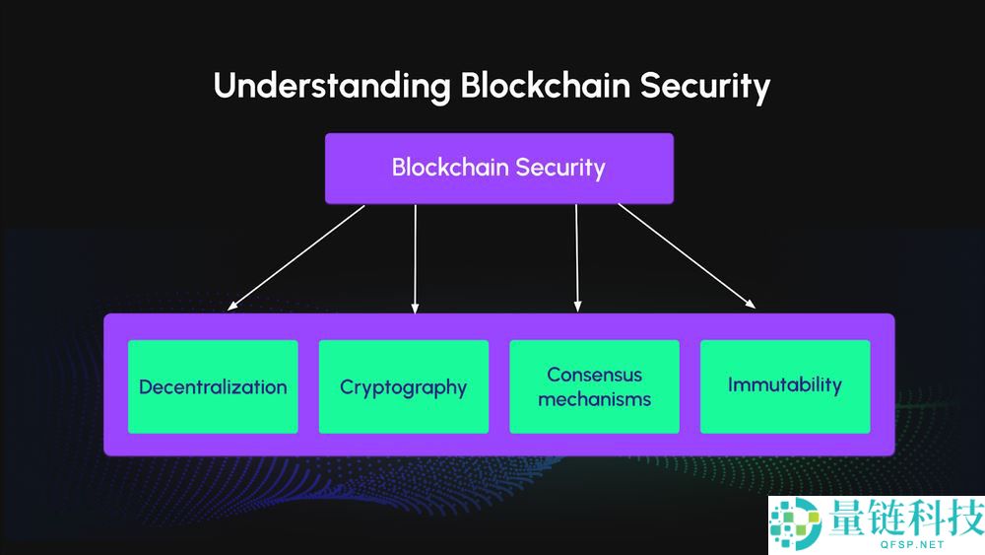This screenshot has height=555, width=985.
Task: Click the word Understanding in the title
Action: point(331,87)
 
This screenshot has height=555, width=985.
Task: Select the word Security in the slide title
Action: point(705,87)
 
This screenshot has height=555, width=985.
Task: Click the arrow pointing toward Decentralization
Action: point(295,257)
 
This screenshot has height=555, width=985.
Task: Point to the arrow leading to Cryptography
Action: point(416,258)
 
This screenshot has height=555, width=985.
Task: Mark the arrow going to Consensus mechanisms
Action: point(577,258)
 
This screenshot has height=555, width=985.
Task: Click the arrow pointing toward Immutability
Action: point(687,257)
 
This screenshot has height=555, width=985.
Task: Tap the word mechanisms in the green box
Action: point(595,399)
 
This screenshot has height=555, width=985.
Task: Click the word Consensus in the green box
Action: point(595,375)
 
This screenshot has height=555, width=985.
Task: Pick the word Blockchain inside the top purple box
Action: point(440,168)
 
